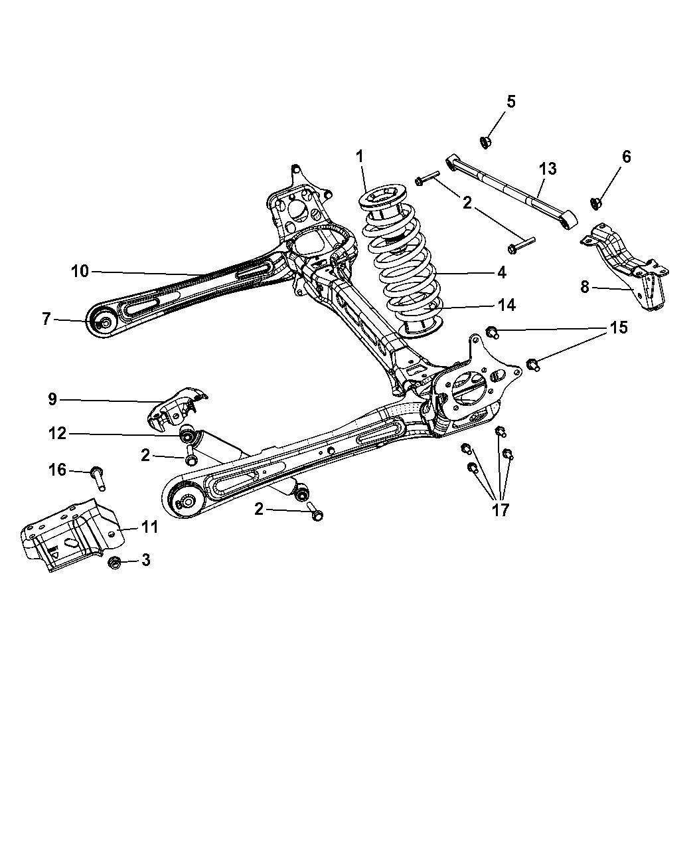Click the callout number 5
click(x=510, y=102)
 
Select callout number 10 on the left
click(x=80, y=271)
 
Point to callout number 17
click(x=500, y=510)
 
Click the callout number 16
click(x=58, y=470)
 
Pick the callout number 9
click(x=52, y=399)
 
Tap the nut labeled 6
click(x=595, y=201)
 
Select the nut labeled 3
click(x=114, y=563)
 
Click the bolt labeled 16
click(x=99, y=478)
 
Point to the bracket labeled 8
click(x=627, y=272)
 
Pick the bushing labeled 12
click(x=188, y=436)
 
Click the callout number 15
click(x=619, y=328)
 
